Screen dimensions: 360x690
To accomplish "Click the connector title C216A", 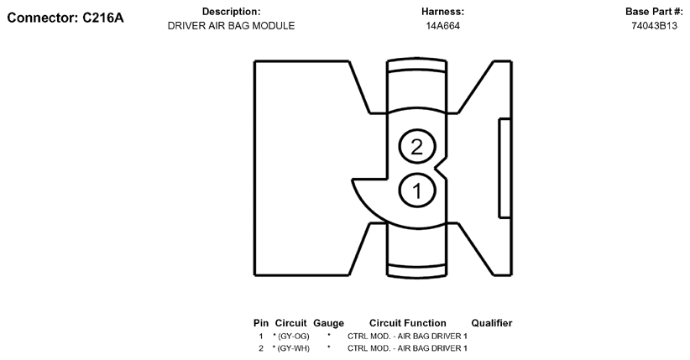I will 65,17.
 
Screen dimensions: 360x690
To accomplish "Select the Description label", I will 231,12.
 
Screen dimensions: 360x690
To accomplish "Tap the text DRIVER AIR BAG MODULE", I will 231,26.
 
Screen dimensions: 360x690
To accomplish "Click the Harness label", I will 442,12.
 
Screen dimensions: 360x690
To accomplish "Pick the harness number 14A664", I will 442,26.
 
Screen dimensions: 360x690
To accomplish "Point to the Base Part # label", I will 654,12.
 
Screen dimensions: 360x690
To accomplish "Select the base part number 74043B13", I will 654,26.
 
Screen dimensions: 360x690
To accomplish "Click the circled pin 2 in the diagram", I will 416,147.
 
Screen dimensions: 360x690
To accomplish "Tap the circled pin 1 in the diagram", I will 416,190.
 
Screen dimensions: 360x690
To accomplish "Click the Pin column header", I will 261,323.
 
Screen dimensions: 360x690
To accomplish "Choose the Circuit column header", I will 290,323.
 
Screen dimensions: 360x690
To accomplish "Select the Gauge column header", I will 328,323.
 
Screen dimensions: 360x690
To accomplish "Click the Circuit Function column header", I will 407,323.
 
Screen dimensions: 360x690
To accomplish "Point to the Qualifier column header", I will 491,323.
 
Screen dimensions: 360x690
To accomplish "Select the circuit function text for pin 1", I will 407,336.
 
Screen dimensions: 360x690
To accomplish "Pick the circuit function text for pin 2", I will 407,347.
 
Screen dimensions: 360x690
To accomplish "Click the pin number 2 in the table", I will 261,347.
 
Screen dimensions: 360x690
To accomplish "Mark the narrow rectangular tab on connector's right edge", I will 504,168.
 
